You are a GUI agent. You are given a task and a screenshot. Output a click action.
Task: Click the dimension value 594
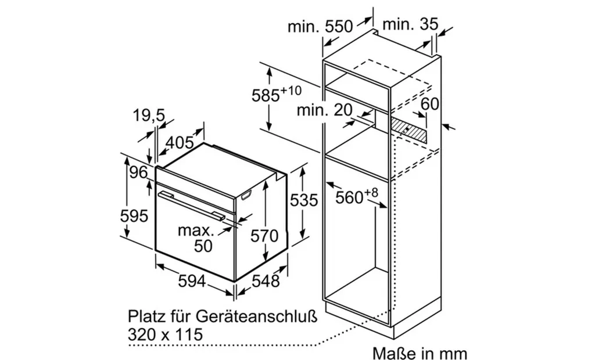pos(192,282)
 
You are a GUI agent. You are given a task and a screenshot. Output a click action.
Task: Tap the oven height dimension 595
pos(134,215)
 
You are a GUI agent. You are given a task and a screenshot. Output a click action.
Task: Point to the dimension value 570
pos(265,236)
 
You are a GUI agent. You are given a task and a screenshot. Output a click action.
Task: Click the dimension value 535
pos(304,200)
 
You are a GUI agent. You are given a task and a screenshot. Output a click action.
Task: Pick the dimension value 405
pos(180,143)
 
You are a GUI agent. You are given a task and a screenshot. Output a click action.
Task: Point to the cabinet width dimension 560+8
pos(357,197)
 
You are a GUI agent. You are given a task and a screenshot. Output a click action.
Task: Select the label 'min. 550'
pos(320,26)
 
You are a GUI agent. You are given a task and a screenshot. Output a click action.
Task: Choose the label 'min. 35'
pos(410,25)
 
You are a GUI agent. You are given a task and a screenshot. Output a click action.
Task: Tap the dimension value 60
pos(430,105)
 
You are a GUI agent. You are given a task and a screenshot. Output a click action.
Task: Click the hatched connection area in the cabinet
pos(408,127)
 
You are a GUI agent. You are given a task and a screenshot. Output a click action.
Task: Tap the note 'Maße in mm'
pos(420,352)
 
